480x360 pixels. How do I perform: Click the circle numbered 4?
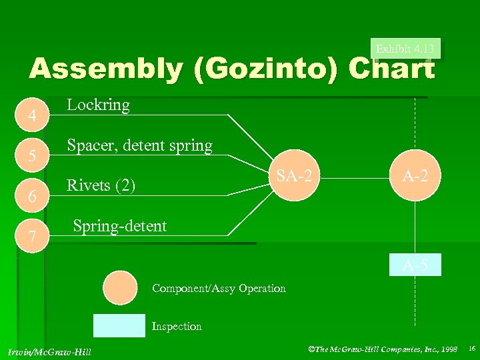31,115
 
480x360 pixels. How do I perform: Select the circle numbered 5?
31,155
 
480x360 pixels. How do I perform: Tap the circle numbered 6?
31,195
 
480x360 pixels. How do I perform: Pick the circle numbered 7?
31,234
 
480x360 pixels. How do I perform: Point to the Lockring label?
99,105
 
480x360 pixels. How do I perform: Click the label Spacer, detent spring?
140,145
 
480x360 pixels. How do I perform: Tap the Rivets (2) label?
101,185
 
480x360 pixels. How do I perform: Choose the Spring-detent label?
119,226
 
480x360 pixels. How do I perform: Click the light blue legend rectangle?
119,325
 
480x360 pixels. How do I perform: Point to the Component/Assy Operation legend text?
219,289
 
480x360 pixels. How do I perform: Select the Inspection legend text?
177,326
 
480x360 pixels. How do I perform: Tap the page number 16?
471,349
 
